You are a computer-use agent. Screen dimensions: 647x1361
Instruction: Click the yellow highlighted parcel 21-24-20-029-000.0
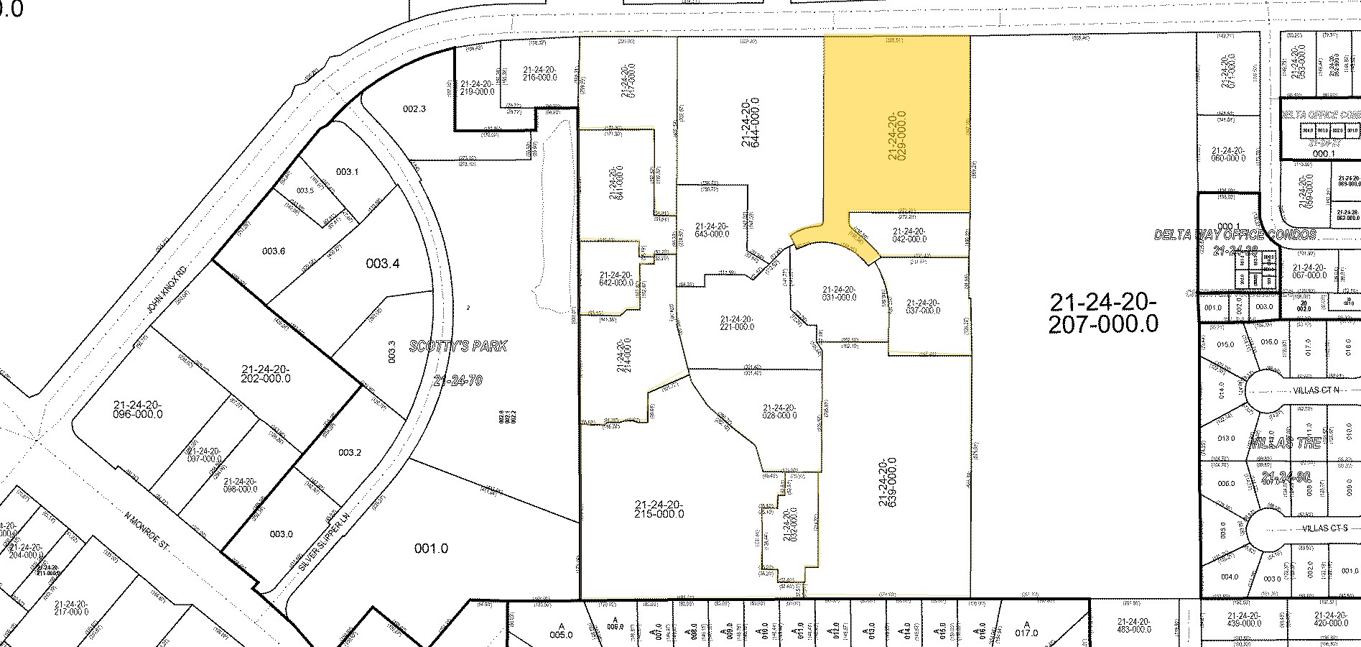896,135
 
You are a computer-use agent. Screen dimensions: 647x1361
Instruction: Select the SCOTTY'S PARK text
457,347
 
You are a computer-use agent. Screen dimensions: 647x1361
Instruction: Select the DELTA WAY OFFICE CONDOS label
1234,235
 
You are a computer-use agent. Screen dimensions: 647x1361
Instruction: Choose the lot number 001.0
431,549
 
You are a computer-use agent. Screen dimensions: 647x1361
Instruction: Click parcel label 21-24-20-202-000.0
261,373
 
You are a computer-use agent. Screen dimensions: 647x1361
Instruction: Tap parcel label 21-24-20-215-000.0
659,508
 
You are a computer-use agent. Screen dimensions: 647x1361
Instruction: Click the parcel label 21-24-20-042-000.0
909,235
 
